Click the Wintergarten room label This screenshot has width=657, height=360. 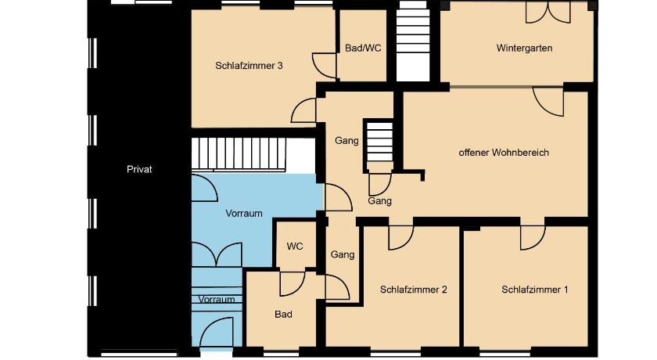(524, 48)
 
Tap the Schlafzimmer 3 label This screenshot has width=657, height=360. (249, 66)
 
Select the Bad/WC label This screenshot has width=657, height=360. (363, 48)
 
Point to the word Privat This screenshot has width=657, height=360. (139, 169)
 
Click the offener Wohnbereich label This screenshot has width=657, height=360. (504, 152)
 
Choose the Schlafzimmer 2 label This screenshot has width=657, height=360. (413, 289)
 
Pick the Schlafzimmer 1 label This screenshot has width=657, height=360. (535, 289)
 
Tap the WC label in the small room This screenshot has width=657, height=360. (295, 246)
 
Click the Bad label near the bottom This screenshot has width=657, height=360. (283, 314)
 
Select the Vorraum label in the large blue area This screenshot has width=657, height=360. (244, 213)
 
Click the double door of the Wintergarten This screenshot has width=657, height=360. (548, 13)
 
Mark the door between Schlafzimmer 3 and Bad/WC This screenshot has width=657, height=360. (325, 66)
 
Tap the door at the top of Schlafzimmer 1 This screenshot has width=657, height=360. (533, 238)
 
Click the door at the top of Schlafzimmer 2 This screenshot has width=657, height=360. (401, 238)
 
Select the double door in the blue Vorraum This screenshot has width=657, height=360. (217, 254)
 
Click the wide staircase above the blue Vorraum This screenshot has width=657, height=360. (239, 154)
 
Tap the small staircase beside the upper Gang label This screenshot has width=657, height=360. (379, 142)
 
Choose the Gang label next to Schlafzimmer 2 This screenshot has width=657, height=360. (343, 254)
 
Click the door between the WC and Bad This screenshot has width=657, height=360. (293, 284)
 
